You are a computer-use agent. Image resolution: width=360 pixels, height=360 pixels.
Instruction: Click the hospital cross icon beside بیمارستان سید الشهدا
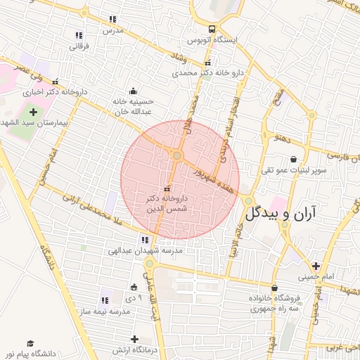(x=33, y=112)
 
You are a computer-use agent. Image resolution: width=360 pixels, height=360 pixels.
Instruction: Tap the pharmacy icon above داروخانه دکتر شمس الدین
(x=167, y=188)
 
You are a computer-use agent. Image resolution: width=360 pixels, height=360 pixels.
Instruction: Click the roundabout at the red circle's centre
(x=177, y=155)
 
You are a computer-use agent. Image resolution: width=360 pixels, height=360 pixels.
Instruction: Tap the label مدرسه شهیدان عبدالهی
(x=145, y=250)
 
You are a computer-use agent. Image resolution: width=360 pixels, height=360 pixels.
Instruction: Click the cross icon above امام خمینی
(x=316, y=266)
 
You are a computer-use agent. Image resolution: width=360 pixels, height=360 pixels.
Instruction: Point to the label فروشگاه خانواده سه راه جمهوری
(x=274, y=303)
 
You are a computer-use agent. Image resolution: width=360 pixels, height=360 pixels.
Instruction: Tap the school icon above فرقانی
(x=79, y=35)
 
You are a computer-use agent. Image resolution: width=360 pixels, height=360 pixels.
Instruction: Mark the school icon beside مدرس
(x=112, y=19)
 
